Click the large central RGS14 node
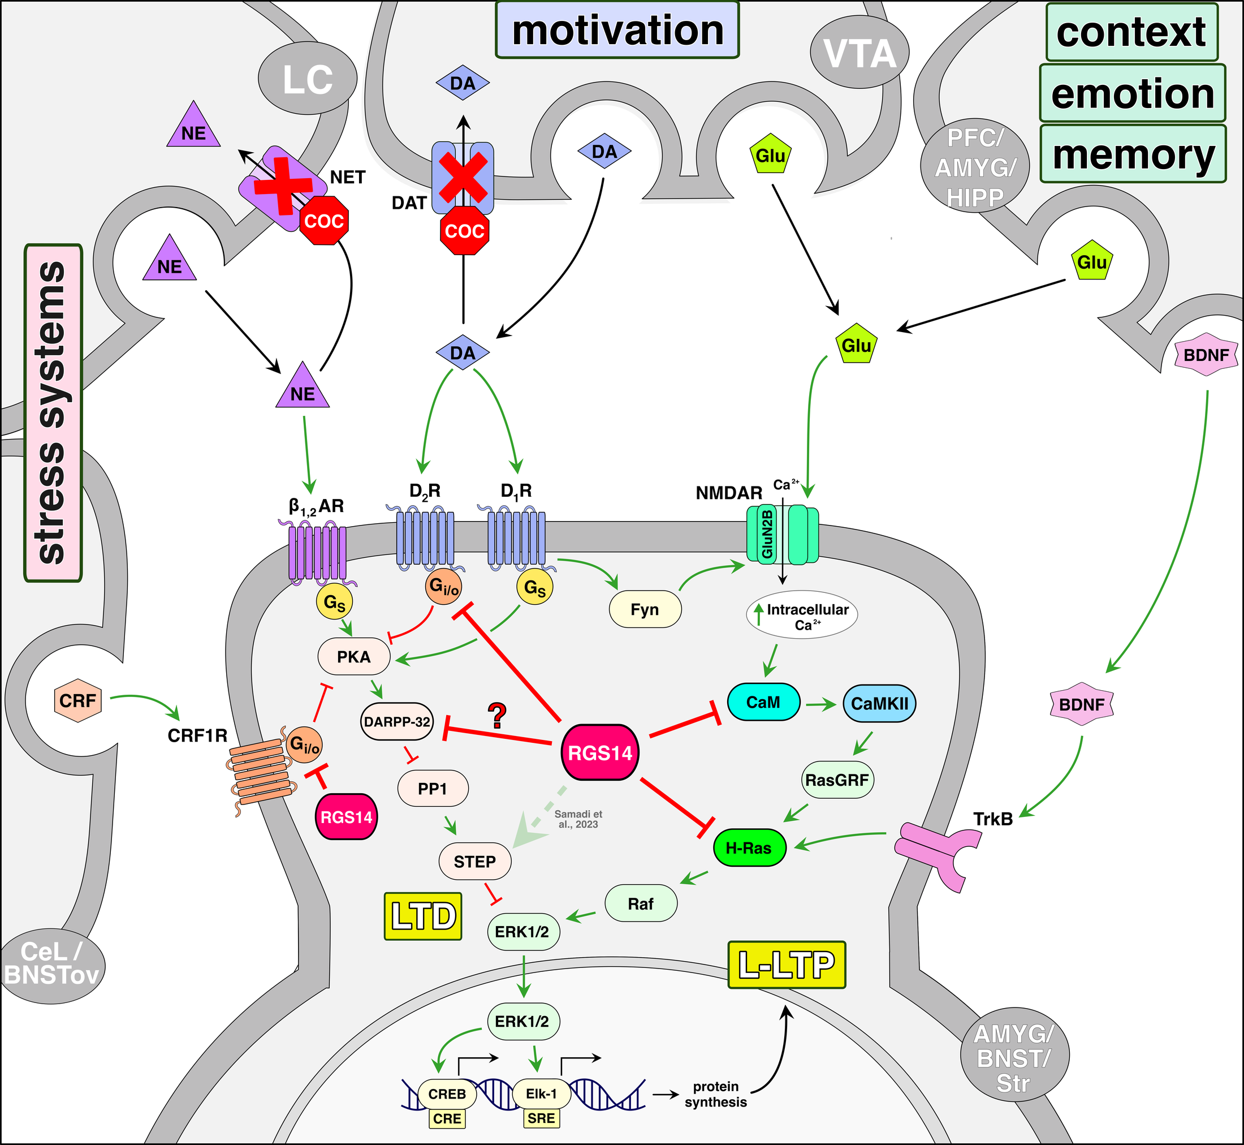click(x=599, y=753)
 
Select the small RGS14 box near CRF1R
click(x=346, y=817)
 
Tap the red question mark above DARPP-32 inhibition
click(x=496, y=716)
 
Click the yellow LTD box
click(x=423, y=916)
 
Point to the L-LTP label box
click(x=787, y=965)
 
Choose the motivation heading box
click(x=617, y=31)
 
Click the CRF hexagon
click(x=77, y=701)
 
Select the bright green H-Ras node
click(x=749, y=847)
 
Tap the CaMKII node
click(x=879, y=703)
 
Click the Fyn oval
click(x=645, y=610)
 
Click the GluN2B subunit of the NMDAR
click(x=767, y=535)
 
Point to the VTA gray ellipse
click(x=859, y=53)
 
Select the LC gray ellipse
click(x=307, y=79)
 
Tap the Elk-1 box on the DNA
click(x=541, y=1094)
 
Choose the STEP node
click(x=475, y=861)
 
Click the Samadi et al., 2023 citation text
click(x=578, y=819)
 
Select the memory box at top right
click(x=1133, y=154)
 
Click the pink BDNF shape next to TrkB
click(x=1081, y=704)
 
